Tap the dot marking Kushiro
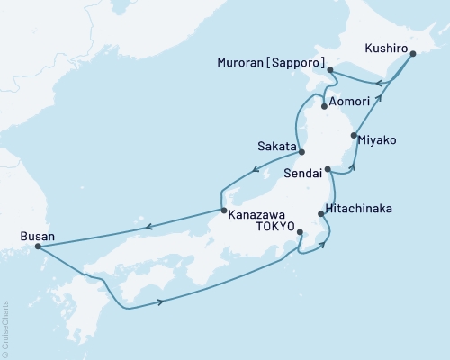413,55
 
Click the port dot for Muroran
330,69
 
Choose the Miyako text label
376,140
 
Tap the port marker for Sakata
302,152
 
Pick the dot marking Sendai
328,168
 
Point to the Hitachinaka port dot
321,213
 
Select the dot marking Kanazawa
223,211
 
